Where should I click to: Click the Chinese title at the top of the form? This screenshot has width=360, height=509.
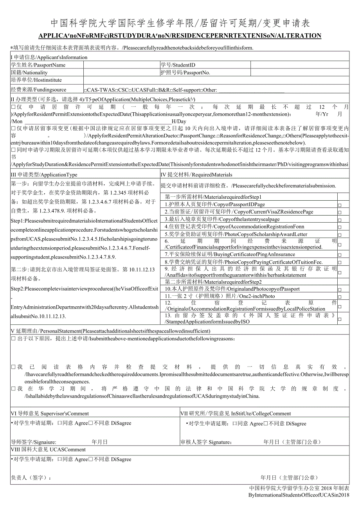click(180, 23)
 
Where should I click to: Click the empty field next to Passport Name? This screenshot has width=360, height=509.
click(121, 65)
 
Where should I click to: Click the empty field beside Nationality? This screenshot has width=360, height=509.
click(121, 72)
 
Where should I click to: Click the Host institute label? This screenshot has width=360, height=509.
click(36, 80)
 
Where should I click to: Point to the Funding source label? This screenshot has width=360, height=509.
click(38, 90)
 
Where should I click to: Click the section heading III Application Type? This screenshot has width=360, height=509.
click(44, 175)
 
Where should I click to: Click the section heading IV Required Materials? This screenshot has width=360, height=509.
click(196, 175)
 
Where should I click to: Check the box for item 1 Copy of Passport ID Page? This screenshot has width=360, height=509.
click(339, 205)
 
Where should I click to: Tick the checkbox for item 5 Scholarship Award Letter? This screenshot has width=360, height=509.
click(339, 235)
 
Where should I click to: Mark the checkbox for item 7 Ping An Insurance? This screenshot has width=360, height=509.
click(339, 255)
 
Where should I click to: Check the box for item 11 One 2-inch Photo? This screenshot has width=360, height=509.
click(339, 297)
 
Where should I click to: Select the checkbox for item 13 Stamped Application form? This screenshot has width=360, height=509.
click(339, 319)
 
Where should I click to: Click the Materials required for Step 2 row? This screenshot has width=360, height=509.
click(213, 282)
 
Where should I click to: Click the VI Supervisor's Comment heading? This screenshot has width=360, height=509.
click(50, 413)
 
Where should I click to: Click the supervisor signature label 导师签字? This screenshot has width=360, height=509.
click(33, 442)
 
